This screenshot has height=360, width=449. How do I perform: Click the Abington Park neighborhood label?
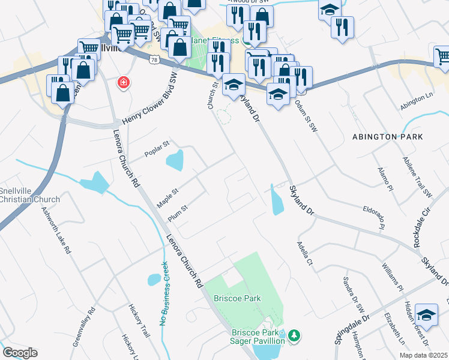click(388, 137)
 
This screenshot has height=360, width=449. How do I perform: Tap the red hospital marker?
click(124, 82)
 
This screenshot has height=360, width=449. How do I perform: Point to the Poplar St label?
click(158, 149)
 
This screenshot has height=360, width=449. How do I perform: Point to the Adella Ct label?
click(305, 254)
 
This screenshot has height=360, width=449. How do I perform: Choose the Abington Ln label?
click(417, 101)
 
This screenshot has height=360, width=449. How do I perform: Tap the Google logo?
click(20, 353)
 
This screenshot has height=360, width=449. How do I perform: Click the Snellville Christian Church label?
click(30, 196)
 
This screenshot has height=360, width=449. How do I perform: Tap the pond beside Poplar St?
click(175, 160)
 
